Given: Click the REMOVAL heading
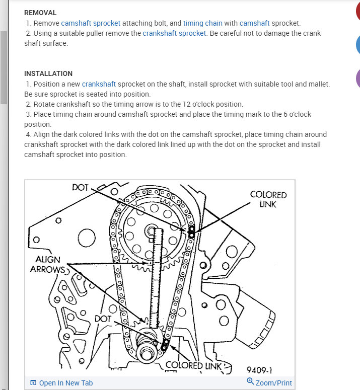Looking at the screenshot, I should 40,13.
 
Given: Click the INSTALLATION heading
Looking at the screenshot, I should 48,73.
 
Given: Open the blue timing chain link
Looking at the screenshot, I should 202,23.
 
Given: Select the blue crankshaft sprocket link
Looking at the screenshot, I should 174,33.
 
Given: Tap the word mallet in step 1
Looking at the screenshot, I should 317,84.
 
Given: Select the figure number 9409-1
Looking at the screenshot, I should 260,370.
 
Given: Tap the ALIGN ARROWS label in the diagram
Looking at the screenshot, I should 48,264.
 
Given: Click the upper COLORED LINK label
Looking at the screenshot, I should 268,199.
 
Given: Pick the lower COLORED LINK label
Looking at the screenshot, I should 193,365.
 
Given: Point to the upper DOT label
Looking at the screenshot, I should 81,188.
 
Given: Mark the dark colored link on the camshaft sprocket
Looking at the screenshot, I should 191,232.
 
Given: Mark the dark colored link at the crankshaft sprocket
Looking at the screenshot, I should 164,345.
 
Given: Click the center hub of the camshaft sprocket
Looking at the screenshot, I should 152,231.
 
